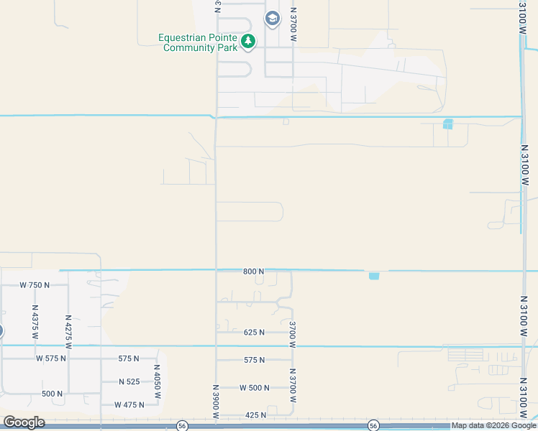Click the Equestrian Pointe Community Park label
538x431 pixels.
pos(199,42)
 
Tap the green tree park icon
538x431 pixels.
pos(248,42)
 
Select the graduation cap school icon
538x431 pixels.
pos(272,19)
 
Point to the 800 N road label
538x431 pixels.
pos(254,272)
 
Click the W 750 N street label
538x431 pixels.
pos(35,285)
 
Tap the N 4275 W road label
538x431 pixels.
pos(68,330)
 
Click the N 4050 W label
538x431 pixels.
pos(157,381)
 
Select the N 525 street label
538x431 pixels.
pos(129,381)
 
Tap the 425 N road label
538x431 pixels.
pos(255,415)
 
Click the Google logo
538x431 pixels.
pos(24,422)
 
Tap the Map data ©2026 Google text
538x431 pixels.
pos(494,426)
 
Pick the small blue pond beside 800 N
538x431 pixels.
pos(373,276)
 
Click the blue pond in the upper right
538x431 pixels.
pos(448,124)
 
